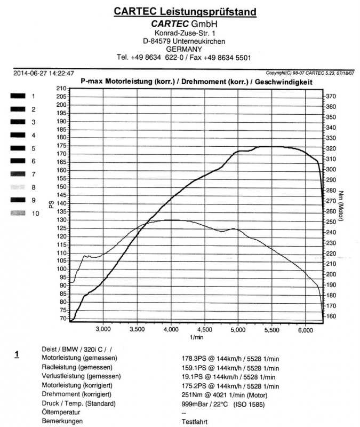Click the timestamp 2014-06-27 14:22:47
(x=43, y=73)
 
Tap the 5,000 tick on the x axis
(x=238, y=329)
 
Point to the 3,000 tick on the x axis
(x=102, y=329)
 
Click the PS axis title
(x=52, y=204)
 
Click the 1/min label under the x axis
(x=196, y=338)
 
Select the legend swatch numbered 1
(x=18, y=96)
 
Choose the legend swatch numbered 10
(x=18, y=213)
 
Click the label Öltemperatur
(x=60, y=413)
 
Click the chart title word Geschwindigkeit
(x=282, y=81)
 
